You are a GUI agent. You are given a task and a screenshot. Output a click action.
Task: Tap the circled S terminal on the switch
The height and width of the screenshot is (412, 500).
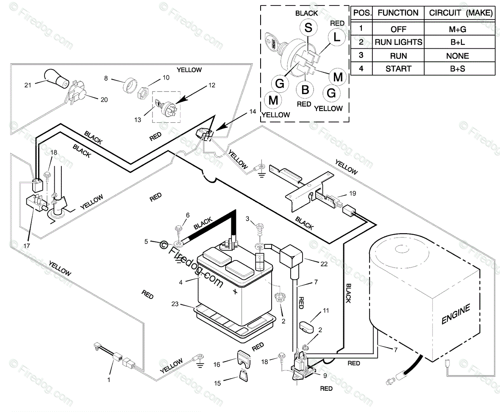(308, 28)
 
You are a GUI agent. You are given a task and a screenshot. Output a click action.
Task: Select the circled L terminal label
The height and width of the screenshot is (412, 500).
(337, 37)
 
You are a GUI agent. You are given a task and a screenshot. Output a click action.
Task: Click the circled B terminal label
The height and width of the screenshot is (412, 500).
(305, 90)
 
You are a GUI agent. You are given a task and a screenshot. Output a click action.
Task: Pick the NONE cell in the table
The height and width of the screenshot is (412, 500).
(457, 56)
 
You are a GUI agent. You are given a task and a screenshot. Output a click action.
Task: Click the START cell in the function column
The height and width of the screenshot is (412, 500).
(398, 69)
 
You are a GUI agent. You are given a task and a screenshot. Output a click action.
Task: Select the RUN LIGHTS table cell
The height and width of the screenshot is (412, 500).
(398, 42)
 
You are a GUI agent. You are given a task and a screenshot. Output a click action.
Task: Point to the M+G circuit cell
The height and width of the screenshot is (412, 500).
(457, 29)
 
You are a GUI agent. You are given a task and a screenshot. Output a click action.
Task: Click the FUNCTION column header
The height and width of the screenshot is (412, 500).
(398, 13)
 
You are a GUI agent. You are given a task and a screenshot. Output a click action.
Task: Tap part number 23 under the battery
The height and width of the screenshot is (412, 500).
(175, 304)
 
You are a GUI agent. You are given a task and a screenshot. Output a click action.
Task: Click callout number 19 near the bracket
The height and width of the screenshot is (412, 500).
(353, 193)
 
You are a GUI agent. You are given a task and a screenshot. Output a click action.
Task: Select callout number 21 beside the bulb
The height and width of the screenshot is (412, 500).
(28, 85)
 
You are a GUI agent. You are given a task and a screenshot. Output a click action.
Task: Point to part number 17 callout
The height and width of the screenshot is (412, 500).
(26, 246)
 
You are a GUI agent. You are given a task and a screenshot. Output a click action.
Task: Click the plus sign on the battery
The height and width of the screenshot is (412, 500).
(235, 291)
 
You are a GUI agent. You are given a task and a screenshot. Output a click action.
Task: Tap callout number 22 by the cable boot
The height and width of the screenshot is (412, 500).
(324, 263)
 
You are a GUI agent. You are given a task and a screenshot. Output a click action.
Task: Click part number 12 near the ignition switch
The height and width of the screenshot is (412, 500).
(212, 85)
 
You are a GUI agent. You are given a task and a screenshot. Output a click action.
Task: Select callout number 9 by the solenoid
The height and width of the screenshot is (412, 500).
(325, 376)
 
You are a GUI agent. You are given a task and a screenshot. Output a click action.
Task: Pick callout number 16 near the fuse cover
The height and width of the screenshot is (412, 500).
(217, 364)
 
